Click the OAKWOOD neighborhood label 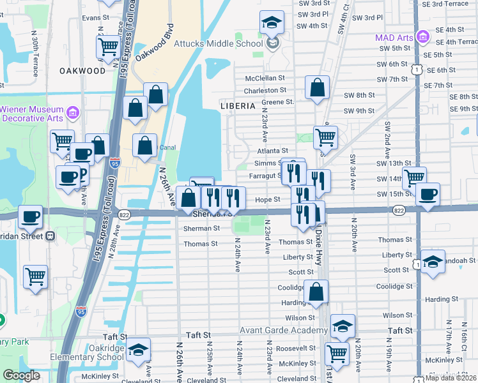pos(82,71)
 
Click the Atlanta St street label pos(273,151)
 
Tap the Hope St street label pos(268,199)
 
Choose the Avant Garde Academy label pos(284,331)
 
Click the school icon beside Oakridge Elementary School pos(137,350)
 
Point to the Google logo pos(20,375)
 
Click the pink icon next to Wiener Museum pos(73,113)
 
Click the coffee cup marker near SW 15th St pos(428,193)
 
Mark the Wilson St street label pos(300,317)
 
